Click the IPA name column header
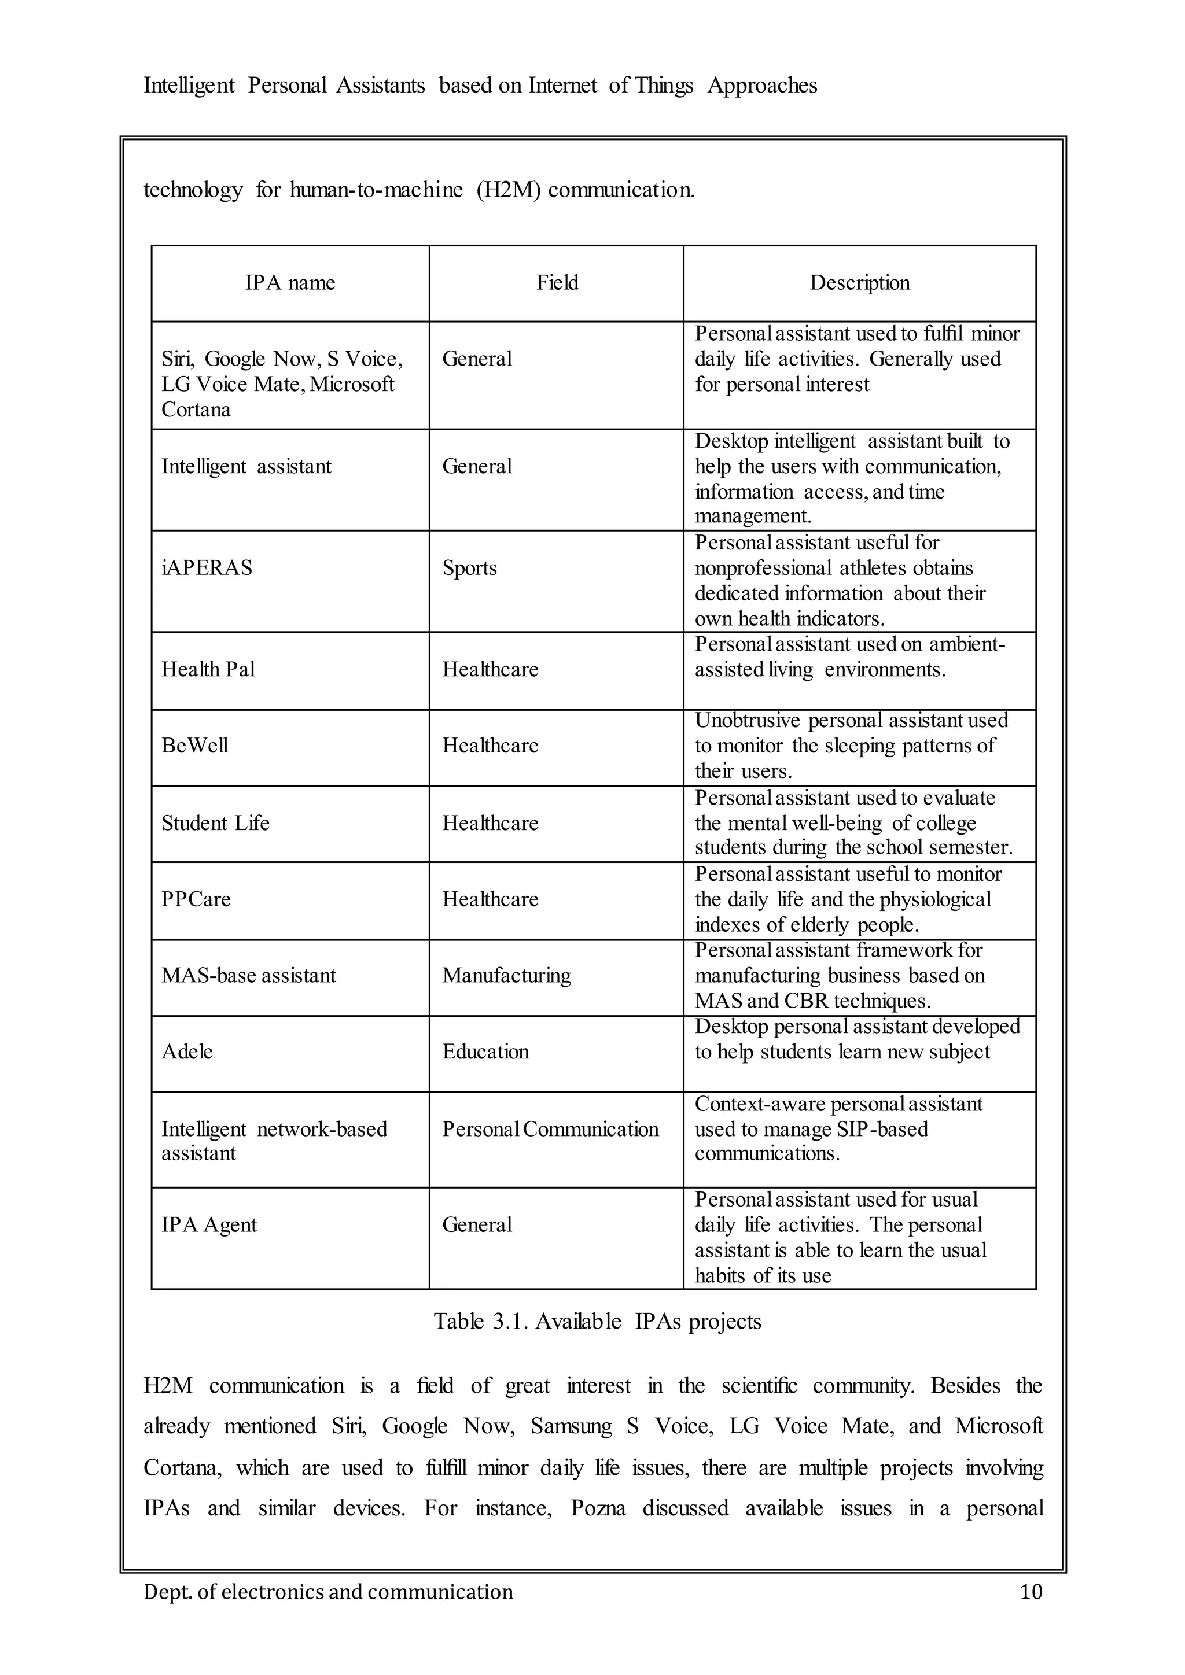coord(290,283)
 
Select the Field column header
coord(557,283)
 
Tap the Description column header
coord(860,283)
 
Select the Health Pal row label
coord(208,670)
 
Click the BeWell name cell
coord(195,746)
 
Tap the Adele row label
coord(187,1052)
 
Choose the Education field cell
coord(485,1052)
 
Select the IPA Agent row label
coord(209,1225)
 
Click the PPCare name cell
coord(196,899)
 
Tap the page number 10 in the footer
coord(1031,1592)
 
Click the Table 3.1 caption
coord(597,1321)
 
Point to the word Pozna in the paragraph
coord(598,1508)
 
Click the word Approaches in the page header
coord(762,86)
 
